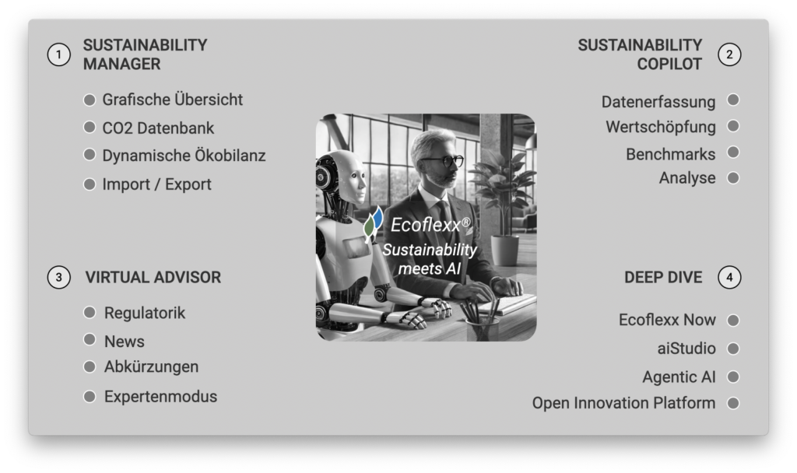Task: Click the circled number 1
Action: point(59,55)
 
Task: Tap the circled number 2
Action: point(729,55)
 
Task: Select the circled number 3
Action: point(59,278)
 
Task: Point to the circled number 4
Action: point(729,278)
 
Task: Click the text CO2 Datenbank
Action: point(158,128)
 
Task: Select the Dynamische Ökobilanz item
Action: point(184,156)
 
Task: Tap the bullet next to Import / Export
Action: point(90,184)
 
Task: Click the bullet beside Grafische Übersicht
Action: point(90,100)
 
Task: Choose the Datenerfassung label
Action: point(658,102)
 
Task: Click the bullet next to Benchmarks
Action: point(733,152)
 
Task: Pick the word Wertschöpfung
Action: point(661,127)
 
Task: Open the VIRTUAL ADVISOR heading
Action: point(153,278)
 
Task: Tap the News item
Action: point(124,342)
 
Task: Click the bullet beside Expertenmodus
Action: point(90,396)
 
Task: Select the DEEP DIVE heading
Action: point(663,278)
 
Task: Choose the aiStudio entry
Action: point(686,349)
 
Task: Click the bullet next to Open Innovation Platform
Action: point(733,403)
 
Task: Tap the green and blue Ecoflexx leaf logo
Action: point(373,223)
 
